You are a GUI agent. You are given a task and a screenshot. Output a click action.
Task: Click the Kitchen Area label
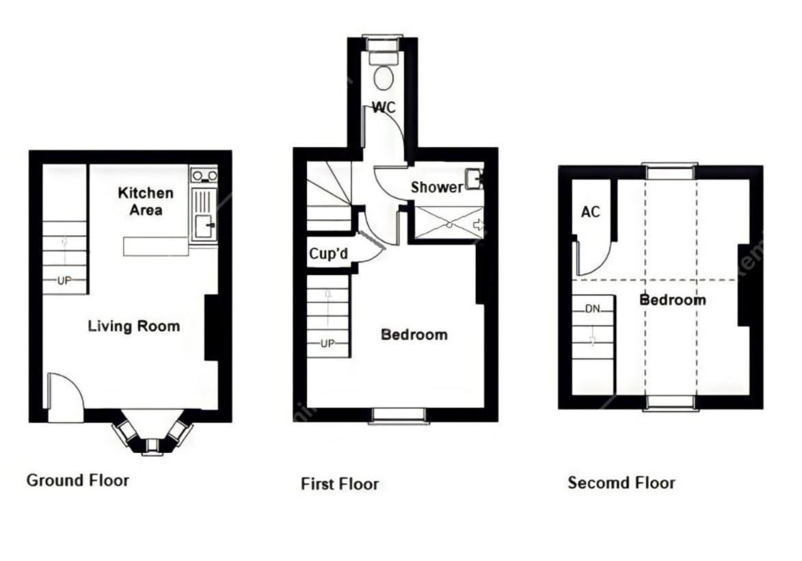(146, 201)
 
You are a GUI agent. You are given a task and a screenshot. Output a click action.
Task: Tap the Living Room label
(134, 326)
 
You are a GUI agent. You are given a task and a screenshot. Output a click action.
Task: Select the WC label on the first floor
(384, 107)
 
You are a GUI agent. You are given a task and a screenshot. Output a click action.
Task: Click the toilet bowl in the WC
(383, 78)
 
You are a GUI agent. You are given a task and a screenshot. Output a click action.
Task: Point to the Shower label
(438, 187)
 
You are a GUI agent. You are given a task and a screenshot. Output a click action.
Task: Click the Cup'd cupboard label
(328, 253)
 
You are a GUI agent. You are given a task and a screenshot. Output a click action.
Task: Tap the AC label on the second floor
(591, 211)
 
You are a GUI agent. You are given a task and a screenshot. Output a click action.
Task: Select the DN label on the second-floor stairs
(593, 309)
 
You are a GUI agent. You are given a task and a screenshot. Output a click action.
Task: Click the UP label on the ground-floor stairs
(64, 280)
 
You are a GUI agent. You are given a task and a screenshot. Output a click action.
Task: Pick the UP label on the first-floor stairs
(328, 343)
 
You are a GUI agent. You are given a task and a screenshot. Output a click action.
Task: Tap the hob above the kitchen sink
(204, 176)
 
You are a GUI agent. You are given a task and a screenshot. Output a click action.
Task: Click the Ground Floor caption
(78, 480)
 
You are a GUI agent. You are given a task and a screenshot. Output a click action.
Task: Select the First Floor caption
(340, 484)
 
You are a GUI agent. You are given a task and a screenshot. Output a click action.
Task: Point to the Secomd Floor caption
(621, 483)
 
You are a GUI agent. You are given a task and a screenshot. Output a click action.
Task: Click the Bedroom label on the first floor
(414, 335)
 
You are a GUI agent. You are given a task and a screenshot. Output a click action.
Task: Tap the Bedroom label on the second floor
(673, 300)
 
